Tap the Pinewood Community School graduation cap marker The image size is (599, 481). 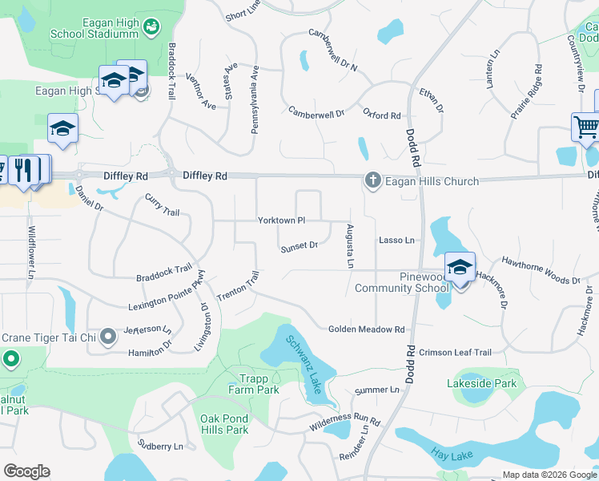[x=460, y=268]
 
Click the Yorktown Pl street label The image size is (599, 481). [x=281, y=220]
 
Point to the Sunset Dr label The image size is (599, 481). [x=299, y=247]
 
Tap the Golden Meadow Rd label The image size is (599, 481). [x=367, y=329]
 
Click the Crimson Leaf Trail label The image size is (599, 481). [x=455, y=352]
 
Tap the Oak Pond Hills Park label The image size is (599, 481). [x=224, y=424]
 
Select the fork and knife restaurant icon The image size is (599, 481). [x=25, y=169]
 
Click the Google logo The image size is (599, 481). [x=26, y=471]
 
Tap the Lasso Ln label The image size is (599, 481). [x=397, y=240]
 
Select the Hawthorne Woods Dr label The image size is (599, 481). [x=541, y=271]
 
